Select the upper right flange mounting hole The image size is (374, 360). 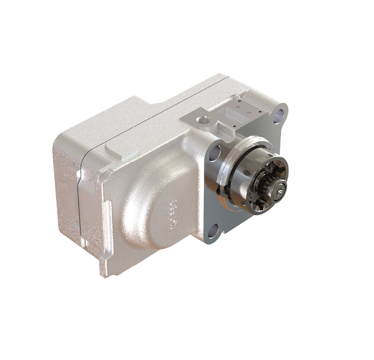point(277,113)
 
